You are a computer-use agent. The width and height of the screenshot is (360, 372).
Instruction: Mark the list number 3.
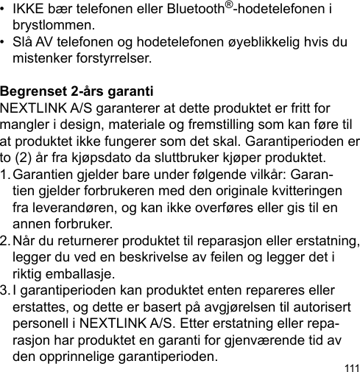click(5, 289)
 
